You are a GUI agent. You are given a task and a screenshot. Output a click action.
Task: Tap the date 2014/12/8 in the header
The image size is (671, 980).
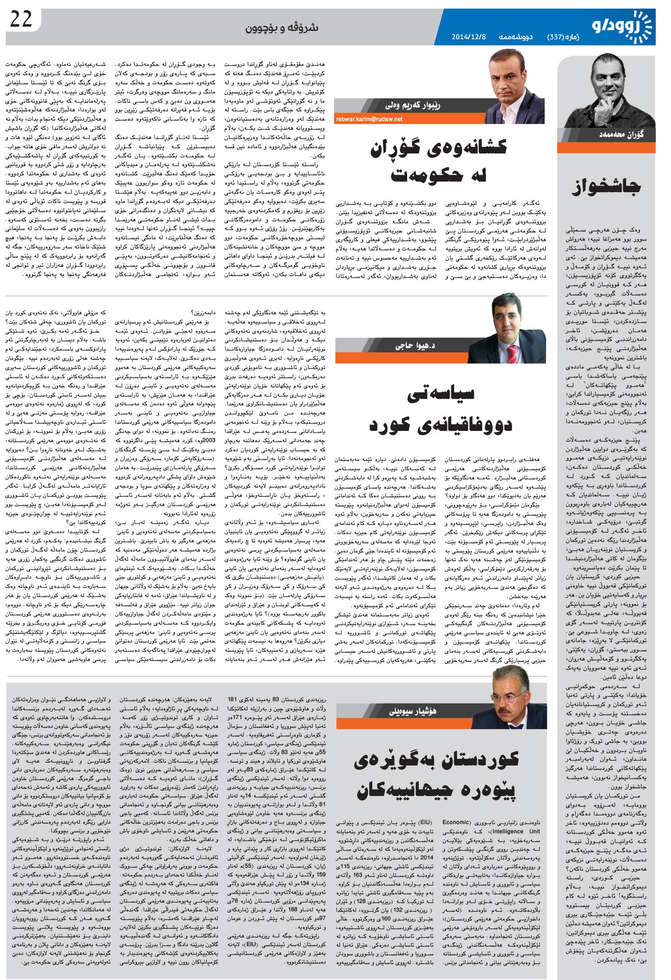click(468, 37)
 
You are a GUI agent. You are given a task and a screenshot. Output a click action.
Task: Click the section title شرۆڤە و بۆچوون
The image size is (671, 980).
click(281, 28)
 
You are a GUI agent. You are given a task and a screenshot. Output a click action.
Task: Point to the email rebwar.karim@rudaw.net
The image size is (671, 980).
click(369, 119)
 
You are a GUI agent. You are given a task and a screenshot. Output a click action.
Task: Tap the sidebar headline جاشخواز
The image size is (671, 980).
click(606, 185)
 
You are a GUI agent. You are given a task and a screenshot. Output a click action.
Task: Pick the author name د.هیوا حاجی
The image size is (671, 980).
click(415, 345)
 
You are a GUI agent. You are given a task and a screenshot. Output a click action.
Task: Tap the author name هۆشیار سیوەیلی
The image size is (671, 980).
click(412, 711)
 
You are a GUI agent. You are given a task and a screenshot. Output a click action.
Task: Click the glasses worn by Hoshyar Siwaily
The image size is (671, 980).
click(509, 697)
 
